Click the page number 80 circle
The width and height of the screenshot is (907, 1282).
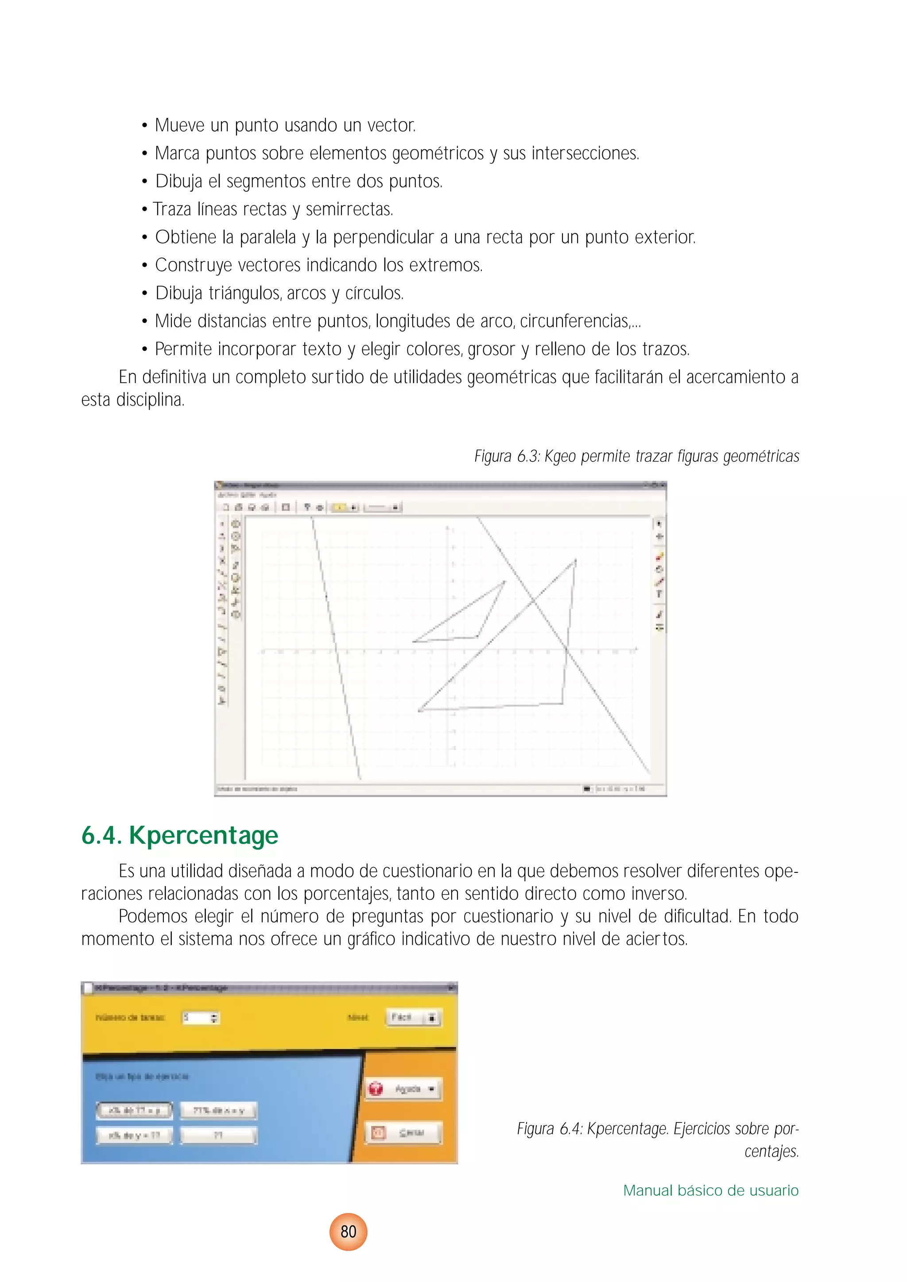point(348,1231)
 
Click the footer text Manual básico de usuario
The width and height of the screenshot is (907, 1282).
point(710,1190)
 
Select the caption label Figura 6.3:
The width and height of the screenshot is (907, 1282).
point(506,456)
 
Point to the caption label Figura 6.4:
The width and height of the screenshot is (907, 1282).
point(550,1128)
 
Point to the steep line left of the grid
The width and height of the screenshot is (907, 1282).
point(336,648)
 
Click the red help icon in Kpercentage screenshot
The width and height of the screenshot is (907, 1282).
point(376,1089)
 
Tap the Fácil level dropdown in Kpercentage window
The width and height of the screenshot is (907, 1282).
point(413,1017)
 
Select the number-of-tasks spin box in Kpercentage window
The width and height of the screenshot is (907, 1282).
point(201,1017)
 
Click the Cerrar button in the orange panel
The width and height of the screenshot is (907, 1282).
point(403,1133)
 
